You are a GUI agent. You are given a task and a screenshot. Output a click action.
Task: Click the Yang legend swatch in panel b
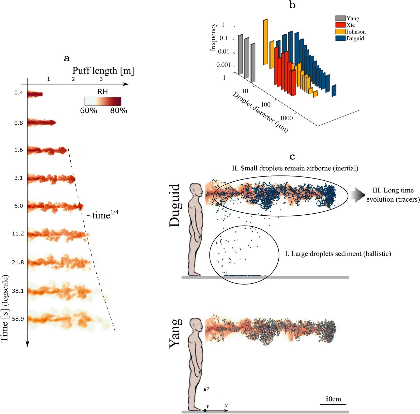tap(340, 18)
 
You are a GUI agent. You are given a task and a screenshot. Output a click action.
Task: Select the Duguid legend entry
tap(355, 38)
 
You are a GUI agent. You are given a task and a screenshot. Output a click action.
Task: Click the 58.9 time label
tap(18, 319)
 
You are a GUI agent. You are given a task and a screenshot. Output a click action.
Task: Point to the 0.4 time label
tap(19, 93)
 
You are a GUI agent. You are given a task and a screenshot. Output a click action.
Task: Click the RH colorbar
tap(103, 101)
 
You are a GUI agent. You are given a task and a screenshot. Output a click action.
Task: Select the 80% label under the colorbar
tap(118, 111)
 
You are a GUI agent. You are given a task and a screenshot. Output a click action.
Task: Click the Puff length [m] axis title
tap(103, 71)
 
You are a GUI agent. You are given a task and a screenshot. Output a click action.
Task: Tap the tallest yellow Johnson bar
tap(265, 42)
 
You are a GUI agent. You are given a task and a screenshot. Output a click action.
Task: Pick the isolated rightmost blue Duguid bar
tap(334, 91)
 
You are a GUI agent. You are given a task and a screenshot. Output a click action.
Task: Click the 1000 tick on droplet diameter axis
tap(286, 118)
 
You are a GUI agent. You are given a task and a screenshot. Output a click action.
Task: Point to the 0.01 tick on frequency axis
tap(224, 52)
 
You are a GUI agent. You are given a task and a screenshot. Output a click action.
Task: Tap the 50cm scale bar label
tap(333, 399)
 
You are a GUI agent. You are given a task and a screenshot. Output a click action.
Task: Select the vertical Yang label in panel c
tap(176, 333)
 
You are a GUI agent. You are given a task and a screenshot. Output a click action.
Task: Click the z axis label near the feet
tap(208, 389)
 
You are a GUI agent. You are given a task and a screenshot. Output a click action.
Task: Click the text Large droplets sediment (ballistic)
tap(338, 254)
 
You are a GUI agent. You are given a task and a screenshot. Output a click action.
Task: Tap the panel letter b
tap(292, 5)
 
